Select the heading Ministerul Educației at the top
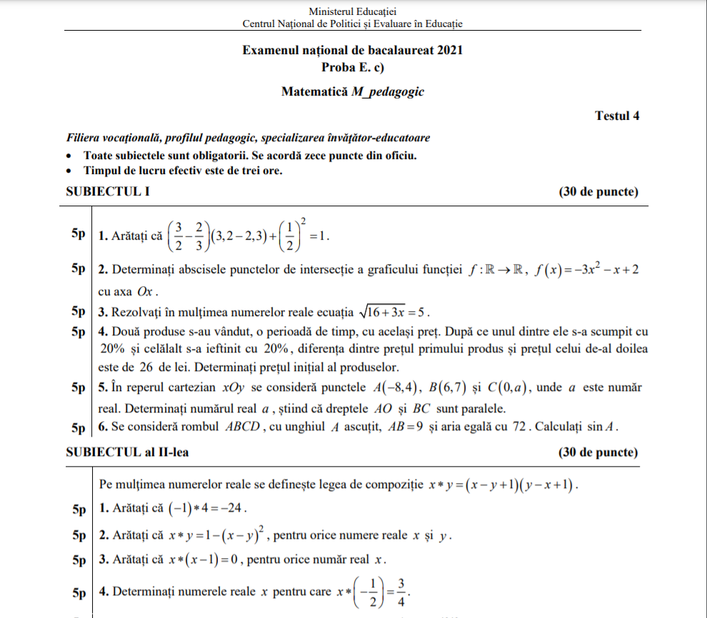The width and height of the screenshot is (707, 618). (x=353, y=11)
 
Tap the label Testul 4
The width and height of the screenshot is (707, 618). (x=617, y=116)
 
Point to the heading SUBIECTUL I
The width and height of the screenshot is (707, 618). (x=107, y=191)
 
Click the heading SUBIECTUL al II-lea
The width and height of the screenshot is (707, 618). (x=127, y=452)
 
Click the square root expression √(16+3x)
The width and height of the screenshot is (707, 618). (x=383, y=312)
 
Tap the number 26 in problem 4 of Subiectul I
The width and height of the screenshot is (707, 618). (x=148, y=368)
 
